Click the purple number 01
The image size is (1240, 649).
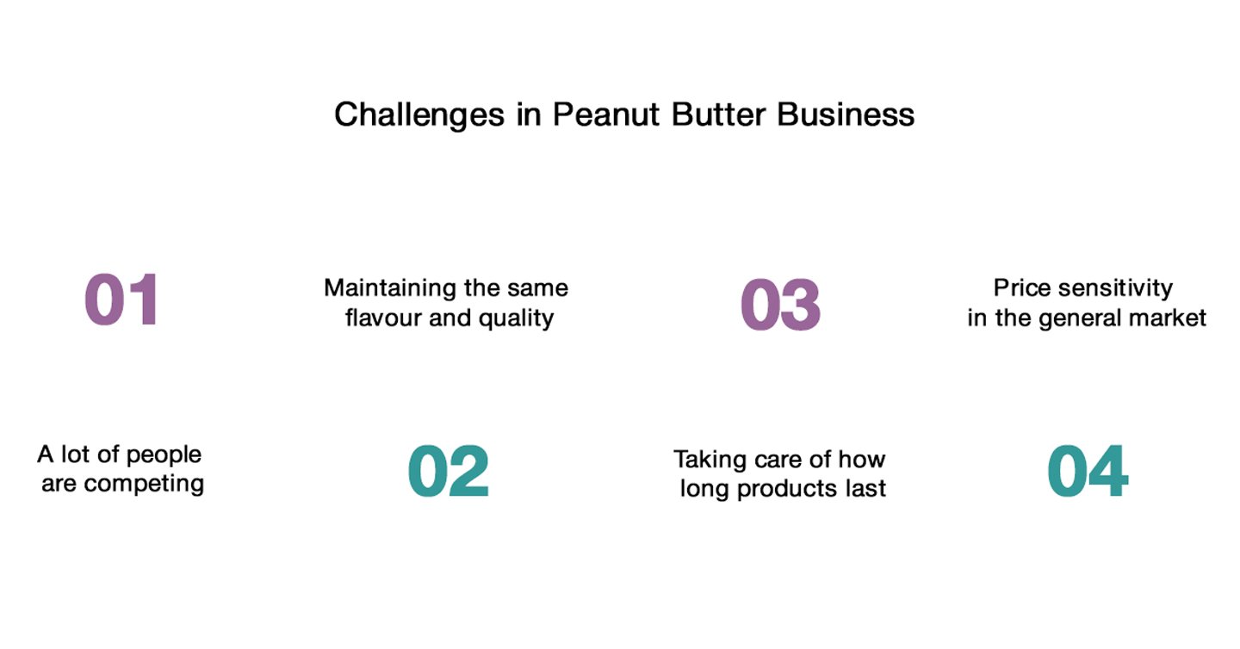pyautogui.click(x=121, y=300)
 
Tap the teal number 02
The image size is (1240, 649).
pyautogui.click(x=449, y=471)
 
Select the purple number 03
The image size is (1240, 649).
pyautogui.click(x=780, y=305)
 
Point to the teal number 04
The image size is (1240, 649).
pyautogui.click(x=1088, y=471)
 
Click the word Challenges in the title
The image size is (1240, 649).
pyautogui.click(x=419, y=115)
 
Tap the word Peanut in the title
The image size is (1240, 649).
pyautogui.click(x=606, y=114)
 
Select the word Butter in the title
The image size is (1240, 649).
pyautogui.click(x=718, y=114)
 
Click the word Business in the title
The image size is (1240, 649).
pyautogui.click(x=846, y=114)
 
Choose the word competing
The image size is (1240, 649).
pyautogui.click(x=144, y=485)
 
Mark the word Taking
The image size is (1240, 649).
pyautogui.click(x=710, y=460)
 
